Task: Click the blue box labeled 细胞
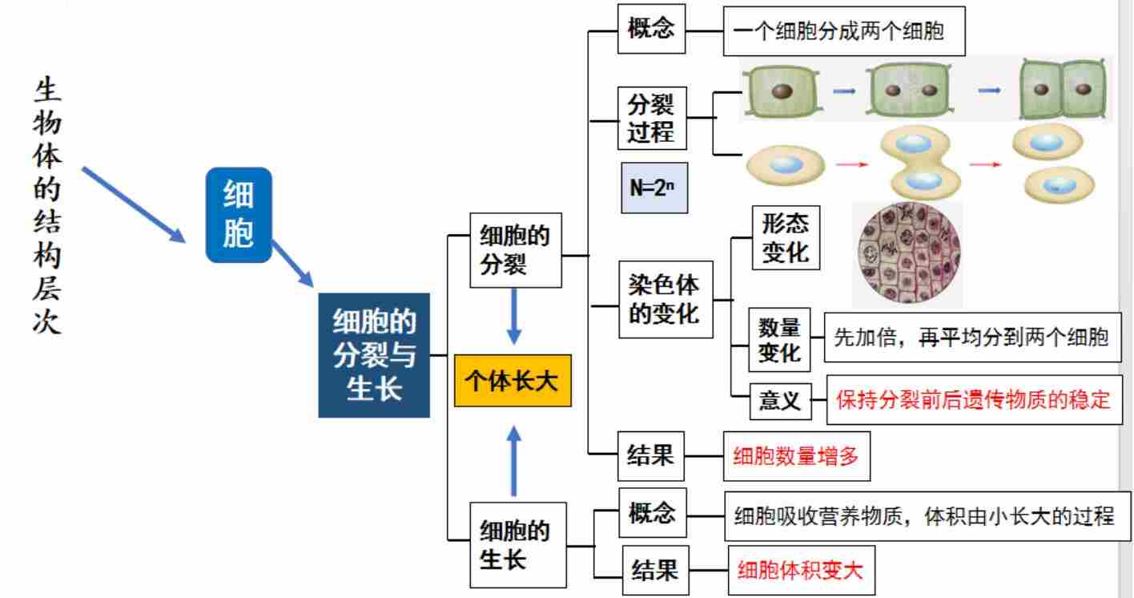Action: pos(239,215)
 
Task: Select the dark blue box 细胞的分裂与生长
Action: pos(374,355)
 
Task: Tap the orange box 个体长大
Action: pos(513,381)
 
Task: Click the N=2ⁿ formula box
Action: pos(654,188)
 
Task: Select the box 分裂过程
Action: pos(651,118)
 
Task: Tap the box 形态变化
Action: pos(785,239)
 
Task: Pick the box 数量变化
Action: pos(779,340)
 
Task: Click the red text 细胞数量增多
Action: pos(795,457)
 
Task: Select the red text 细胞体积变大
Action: pos(800,570)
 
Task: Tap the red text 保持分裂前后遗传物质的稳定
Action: pos(974,399)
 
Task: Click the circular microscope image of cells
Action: pos(907,253)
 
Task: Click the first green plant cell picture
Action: pos(779,90)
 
